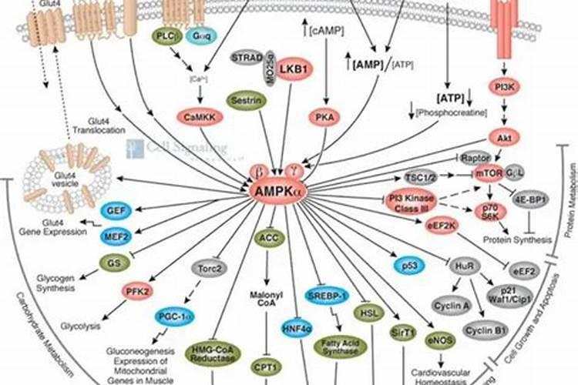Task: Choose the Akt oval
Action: tap(505, 138)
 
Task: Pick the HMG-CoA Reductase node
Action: tap(213, 356)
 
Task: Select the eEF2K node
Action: tap(442, 226)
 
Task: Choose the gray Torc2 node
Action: tap(208, 269)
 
